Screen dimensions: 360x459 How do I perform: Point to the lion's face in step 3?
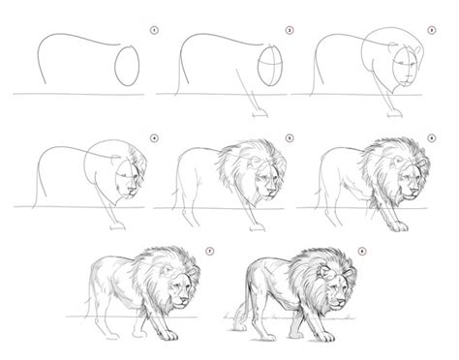[x=410, y=72]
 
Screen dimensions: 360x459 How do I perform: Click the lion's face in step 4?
[x=128, y=180]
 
